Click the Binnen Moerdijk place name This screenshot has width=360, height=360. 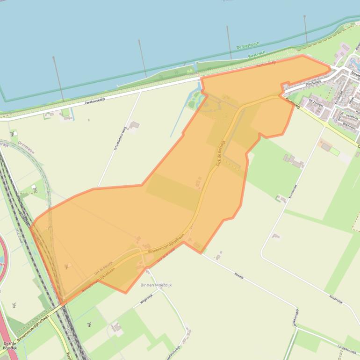click(x=156, y=284)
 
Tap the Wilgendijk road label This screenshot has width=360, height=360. click(x=146, y=299)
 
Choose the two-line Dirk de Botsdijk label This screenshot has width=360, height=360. click(x=10, y=346)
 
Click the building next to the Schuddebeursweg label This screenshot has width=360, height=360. click(x=134, y=125)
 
